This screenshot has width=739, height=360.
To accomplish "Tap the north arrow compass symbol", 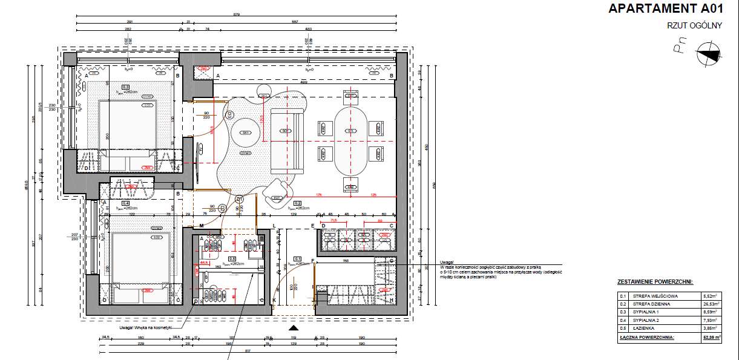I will point(709,55).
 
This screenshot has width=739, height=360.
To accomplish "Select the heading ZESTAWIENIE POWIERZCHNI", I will point(655,282).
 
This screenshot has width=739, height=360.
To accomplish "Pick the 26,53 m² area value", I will point(711,304).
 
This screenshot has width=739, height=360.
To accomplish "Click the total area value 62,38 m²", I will point(711,338).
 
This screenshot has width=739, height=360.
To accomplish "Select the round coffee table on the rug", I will point(246,133).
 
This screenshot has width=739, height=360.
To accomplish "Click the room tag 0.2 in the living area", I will point(297,203).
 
